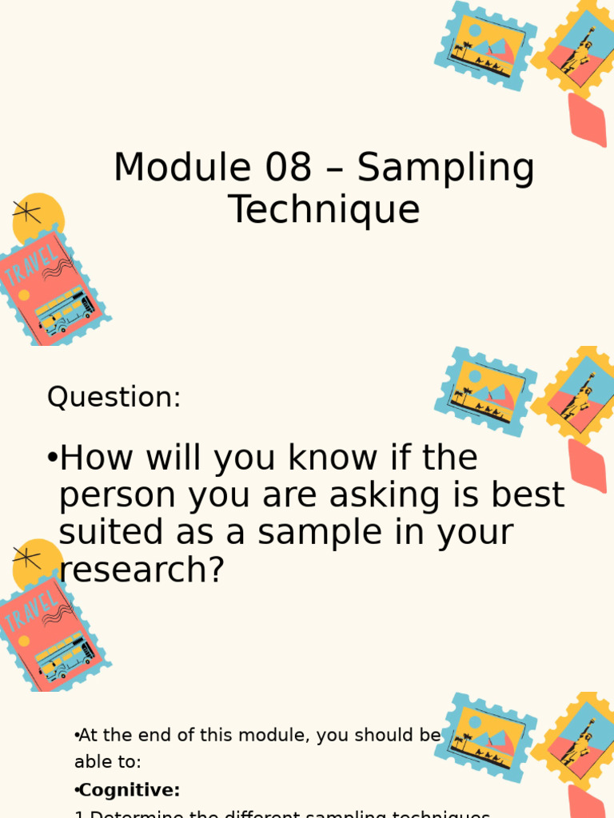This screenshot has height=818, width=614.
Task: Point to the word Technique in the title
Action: tap(324, 210)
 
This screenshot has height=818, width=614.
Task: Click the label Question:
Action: tap(114, 397)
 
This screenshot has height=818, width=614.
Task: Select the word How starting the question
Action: tap(91, 459)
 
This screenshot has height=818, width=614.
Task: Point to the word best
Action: tap(527, 495)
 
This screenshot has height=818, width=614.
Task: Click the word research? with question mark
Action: tap(142, 570)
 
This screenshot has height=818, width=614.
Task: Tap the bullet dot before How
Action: tap(52, 459)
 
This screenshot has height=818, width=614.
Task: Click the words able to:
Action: tap(108, 762)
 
